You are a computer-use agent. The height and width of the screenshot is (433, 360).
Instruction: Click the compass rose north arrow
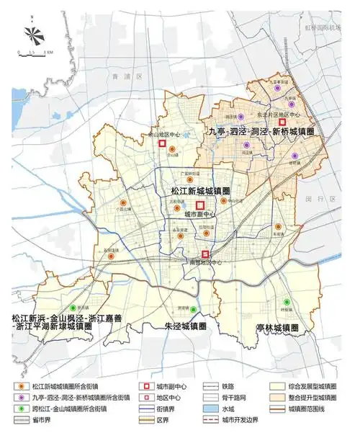click(x=32, y=33)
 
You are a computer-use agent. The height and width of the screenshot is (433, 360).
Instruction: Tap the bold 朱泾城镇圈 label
click(x=186, y=326)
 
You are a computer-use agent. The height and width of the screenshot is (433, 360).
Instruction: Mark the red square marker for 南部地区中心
click(x=205, y=254)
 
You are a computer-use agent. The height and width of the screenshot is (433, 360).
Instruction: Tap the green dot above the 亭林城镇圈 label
click(x=287, y=301)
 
